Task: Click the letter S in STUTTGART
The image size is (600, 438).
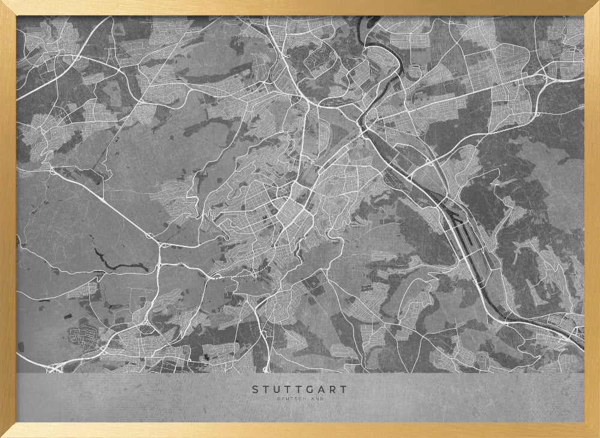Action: tap(255, 389)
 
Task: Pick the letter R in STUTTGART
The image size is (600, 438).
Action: tap(333, 389)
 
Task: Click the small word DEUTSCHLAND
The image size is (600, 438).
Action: tap(300, 398)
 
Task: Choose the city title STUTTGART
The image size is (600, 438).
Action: tap(299, 389)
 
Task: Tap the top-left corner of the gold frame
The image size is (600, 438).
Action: tap(2, 2)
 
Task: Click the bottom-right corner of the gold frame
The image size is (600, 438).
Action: tap(598, 436)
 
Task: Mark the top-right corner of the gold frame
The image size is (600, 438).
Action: tap(598, 2)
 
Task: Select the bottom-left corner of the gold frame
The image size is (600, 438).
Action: tap(2, 436)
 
